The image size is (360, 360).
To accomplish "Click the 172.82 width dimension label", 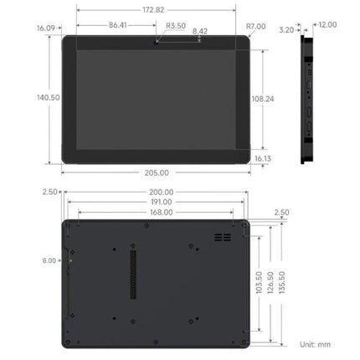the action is pos(153,10).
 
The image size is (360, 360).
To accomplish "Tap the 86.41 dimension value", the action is pos(118,25).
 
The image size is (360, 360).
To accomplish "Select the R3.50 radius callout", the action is pos(176,26).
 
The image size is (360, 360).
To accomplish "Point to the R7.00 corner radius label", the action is pos(255,26).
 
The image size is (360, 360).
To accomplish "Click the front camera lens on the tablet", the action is pos(157,42).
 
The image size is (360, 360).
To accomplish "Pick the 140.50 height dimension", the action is pos(49,97).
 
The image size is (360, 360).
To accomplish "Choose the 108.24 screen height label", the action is pos(263,99).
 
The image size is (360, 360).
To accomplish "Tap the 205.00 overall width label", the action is pos(157,172).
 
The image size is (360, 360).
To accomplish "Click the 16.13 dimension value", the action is pos(263,158).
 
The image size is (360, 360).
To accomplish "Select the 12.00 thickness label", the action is pos(327,25).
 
